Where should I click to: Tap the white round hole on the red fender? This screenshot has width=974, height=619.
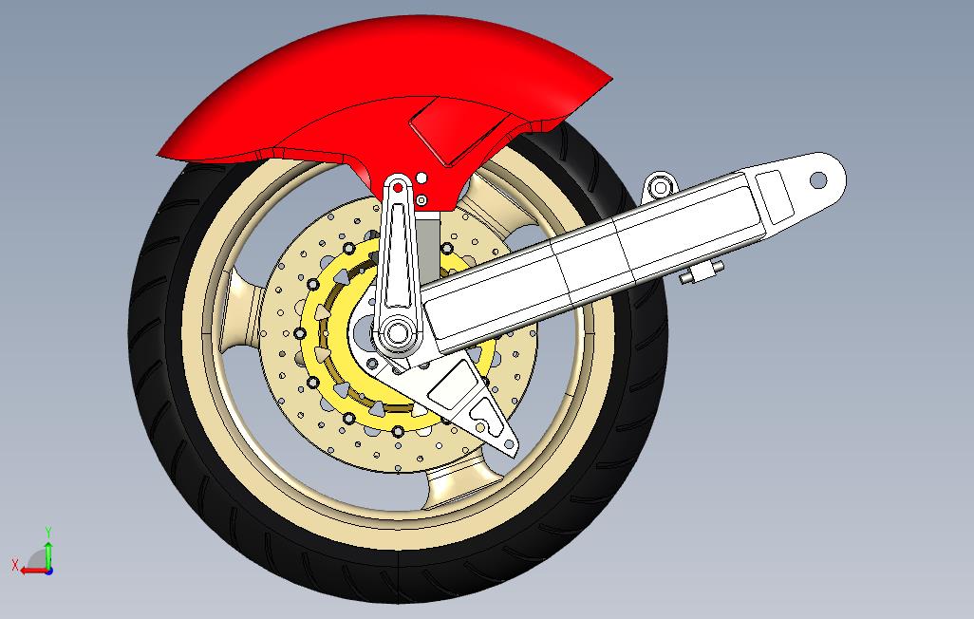421,178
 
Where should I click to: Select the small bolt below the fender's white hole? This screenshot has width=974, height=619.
421,200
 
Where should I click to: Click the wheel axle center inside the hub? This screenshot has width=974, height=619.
394,331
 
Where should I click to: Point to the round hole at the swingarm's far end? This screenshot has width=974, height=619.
818,180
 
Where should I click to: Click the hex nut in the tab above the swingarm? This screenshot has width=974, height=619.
661,186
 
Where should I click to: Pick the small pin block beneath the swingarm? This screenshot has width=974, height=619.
701,272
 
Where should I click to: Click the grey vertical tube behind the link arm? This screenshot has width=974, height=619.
428,247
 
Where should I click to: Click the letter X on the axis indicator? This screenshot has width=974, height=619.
15,564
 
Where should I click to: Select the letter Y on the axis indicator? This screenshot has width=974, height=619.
48,532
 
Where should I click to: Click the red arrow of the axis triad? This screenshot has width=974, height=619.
33,570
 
